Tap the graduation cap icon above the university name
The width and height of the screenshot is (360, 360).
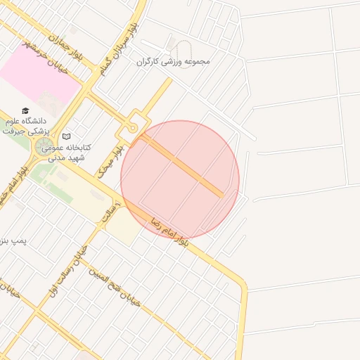(26, 111)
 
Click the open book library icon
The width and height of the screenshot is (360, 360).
(67, 136)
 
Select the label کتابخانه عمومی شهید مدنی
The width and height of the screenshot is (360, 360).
(63, 153)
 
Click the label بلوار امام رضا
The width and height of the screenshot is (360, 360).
(169, 231)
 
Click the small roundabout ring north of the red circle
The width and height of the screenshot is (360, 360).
(132, 127)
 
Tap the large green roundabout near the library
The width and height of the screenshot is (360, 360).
(43, 148)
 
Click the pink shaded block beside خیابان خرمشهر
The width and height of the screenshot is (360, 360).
(39, 82)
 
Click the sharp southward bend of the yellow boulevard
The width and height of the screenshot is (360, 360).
(242, 284)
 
